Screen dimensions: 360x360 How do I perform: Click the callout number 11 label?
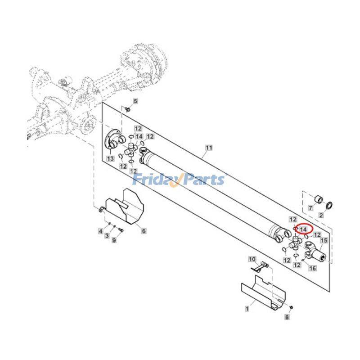coord(208,148)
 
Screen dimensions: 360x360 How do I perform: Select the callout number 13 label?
coord(110,159)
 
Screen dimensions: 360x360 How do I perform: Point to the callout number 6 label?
coord(144,231)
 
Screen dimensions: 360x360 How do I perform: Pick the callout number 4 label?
coord(101,231)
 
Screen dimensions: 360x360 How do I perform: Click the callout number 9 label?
coord(114,241)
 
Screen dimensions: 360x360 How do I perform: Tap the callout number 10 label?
coord(252,259)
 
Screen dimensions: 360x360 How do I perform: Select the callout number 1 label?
coord(247,309)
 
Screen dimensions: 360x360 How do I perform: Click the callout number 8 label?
coord(287,317)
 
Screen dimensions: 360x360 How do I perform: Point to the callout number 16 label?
coord(313,268)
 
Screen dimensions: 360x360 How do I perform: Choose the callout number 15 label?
coord(323,241)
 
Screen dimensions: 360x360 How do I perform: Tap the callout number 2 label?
coord(321,215)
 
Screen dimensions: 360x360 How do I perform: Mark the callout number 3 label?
coord(108,236)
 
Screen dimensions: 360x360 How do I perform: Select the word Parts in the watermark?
coord(202,180)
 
